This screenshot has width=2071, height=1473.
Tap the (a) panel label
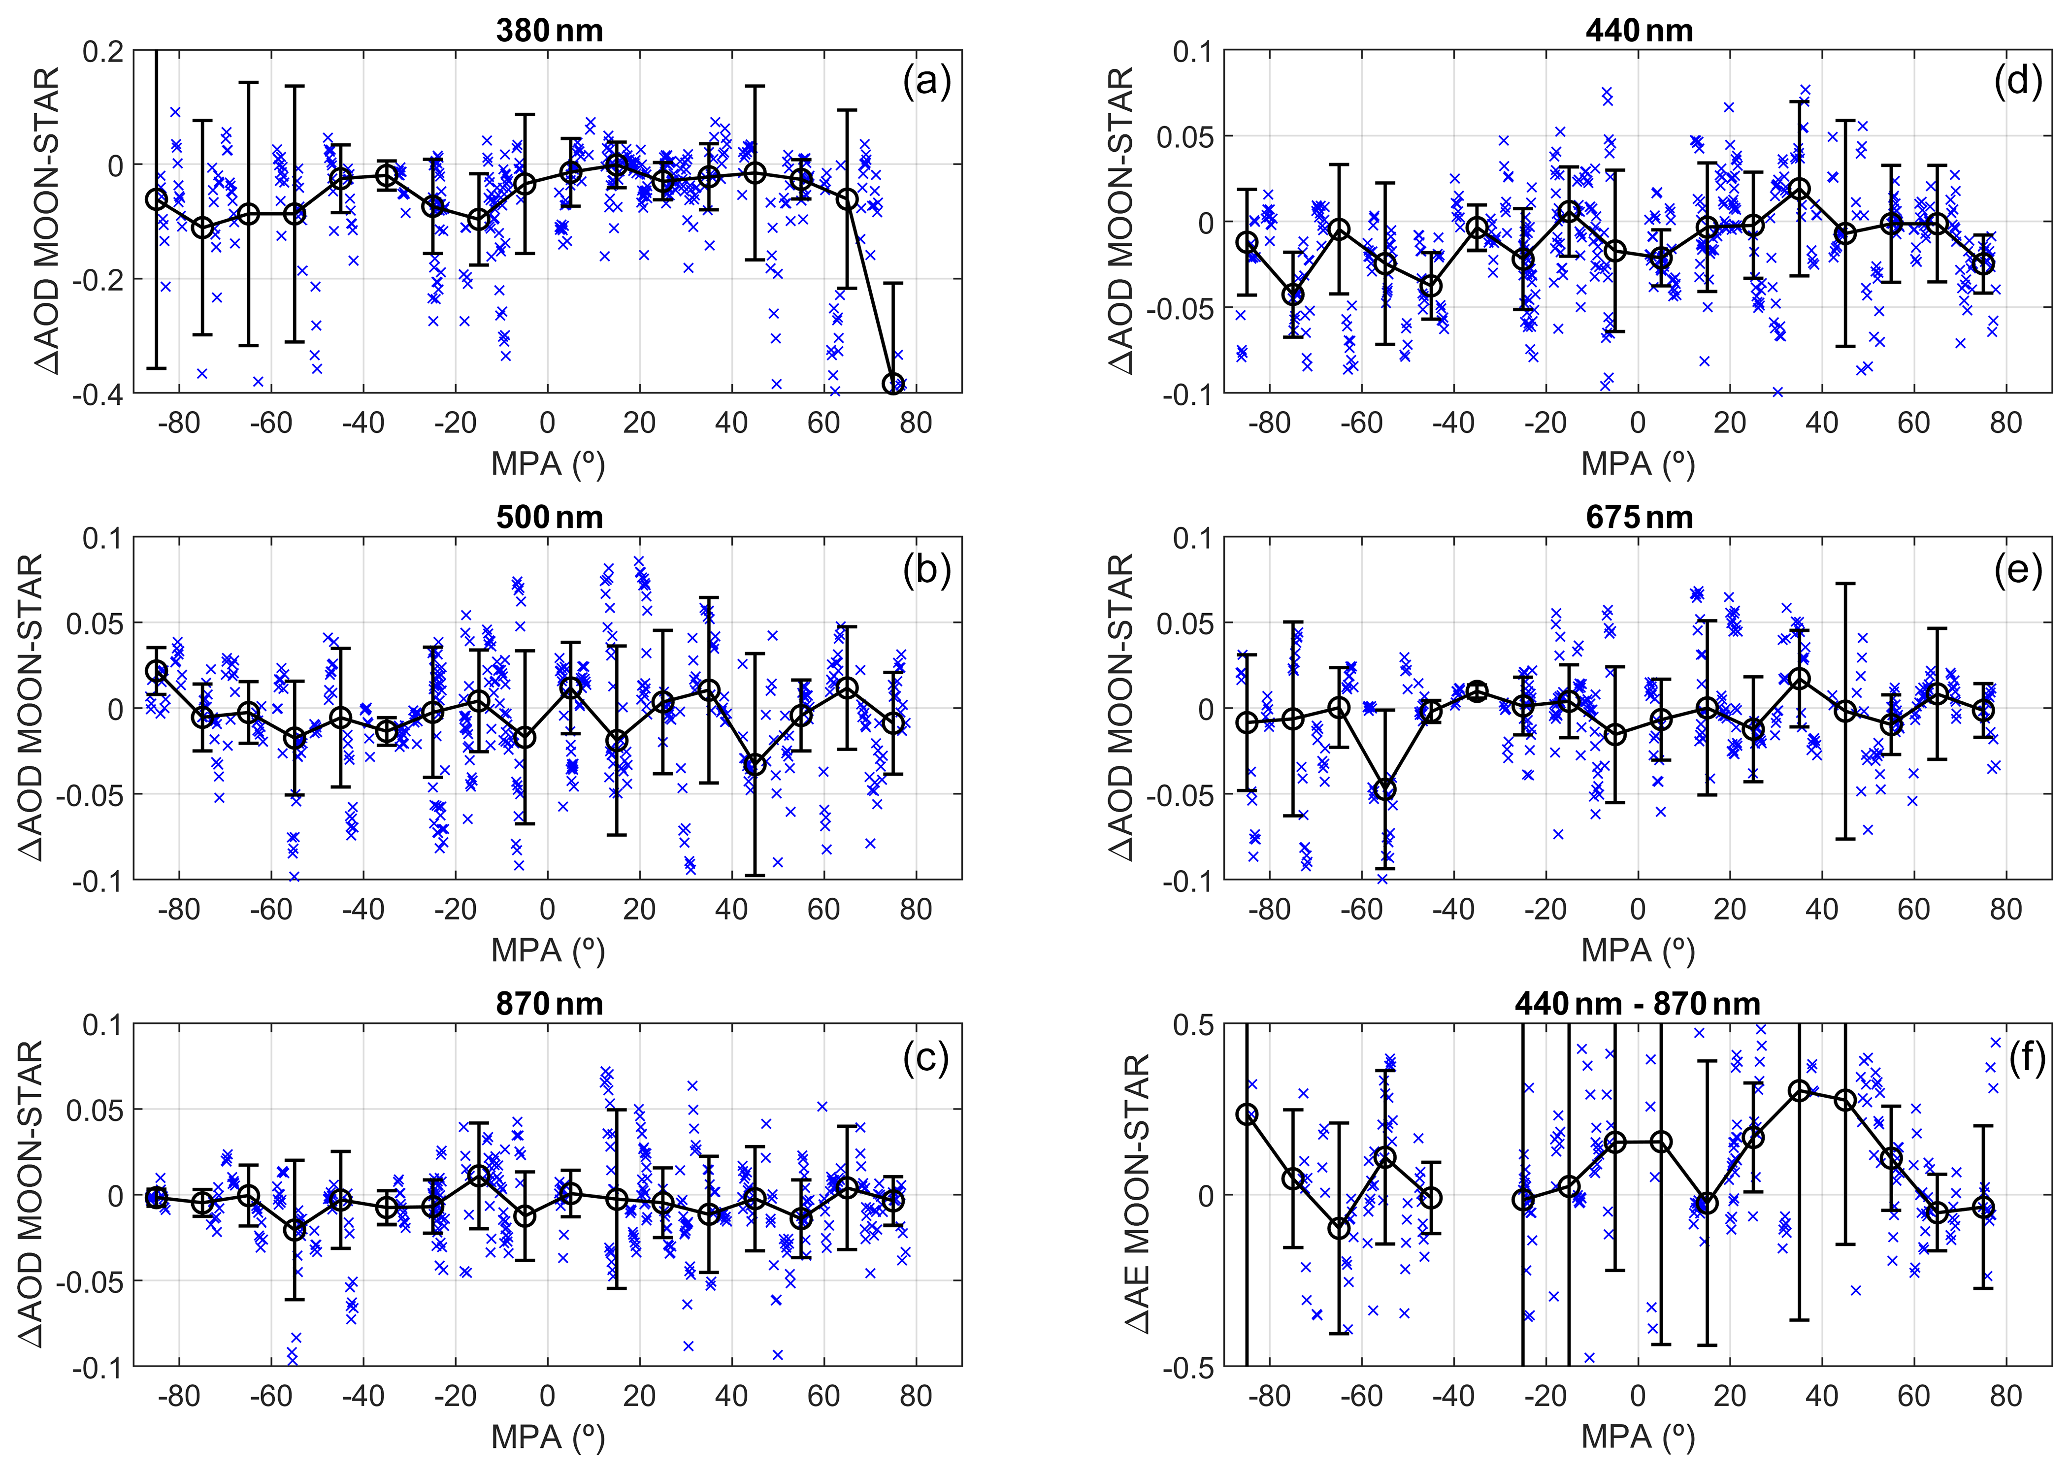[926, 83]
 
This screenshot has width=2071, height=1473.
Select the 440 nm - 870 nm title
[1638, 1004]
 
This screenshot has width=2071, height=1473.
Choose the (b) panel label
[926, 570]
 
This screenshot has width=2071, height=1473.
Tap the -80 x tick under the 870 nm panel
[179, 1395]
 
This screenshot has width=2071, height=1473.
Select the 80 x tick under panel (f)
[2005, 1395]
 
